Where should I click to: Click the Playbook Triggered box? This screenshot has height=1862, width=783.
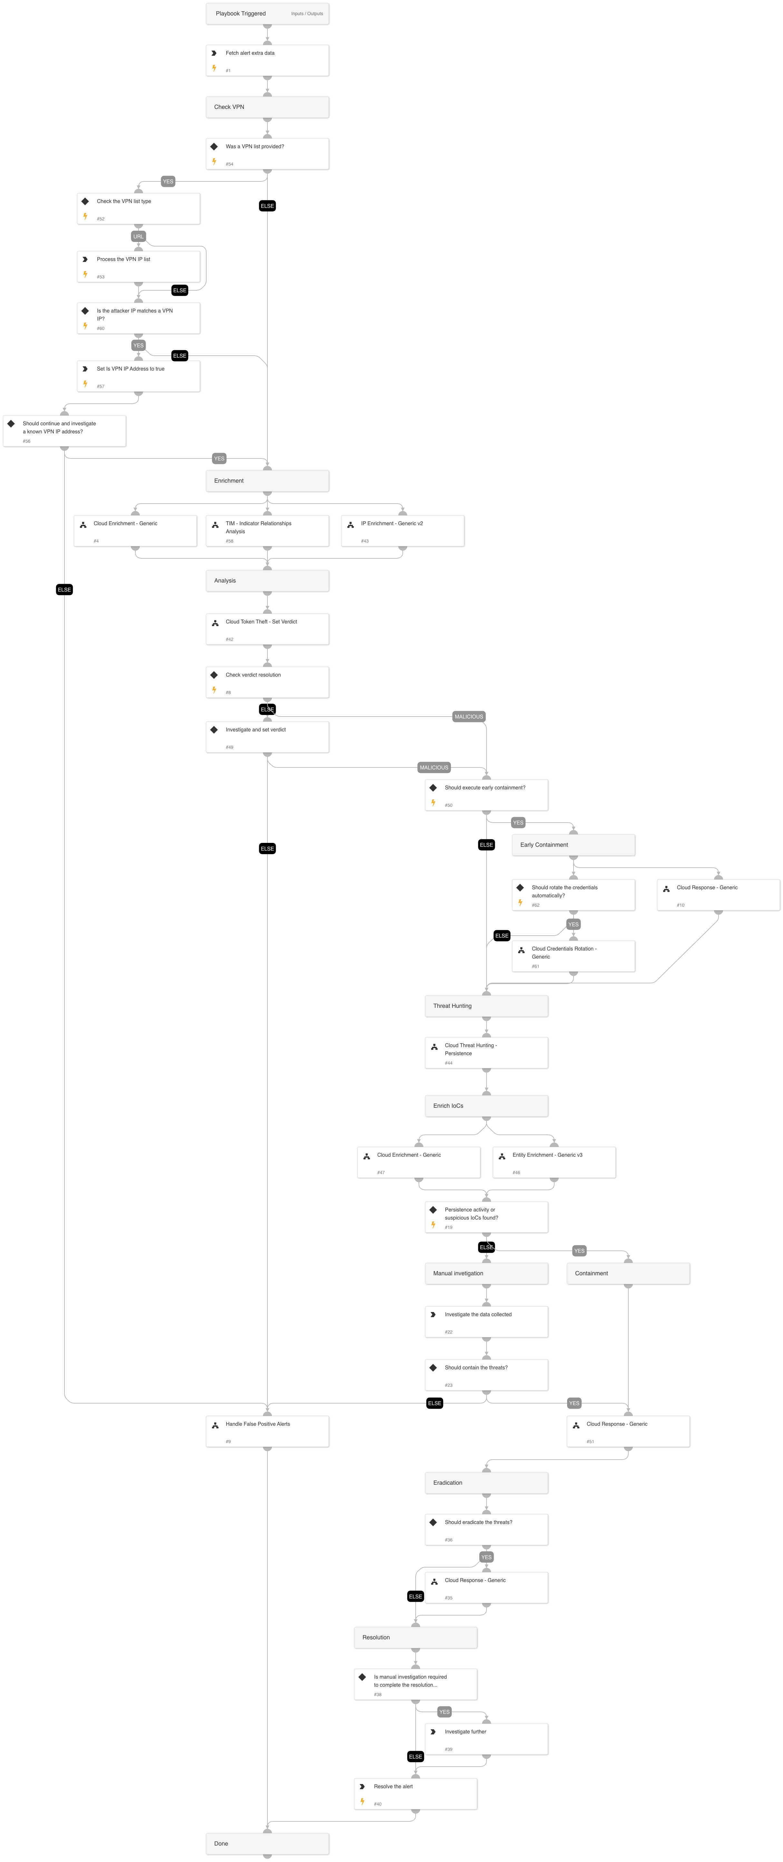[x=267, y=14]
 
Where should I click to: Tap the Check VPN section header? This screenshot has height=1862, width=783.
[x=267, y=107]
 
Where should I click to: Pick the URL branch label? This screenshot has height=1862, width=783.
[x=138, y=236]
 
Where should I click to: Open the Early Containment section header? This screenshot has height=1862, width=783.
[x=573, y=845]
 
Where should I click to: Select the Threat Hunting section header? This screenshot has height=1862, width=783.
[x=486, y=1006]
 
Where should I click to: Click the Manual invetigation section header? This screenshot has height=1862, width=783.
[x=486, y=1274]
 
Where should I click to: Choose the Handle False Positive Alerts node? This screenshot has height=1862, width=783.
[x=267, y=1431]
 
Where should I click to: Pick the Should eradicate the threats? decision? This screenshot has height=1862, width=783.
[x=486, y=1529]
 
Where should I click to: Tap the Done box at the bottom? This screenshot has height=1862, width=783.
[x=267, y=1844]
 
